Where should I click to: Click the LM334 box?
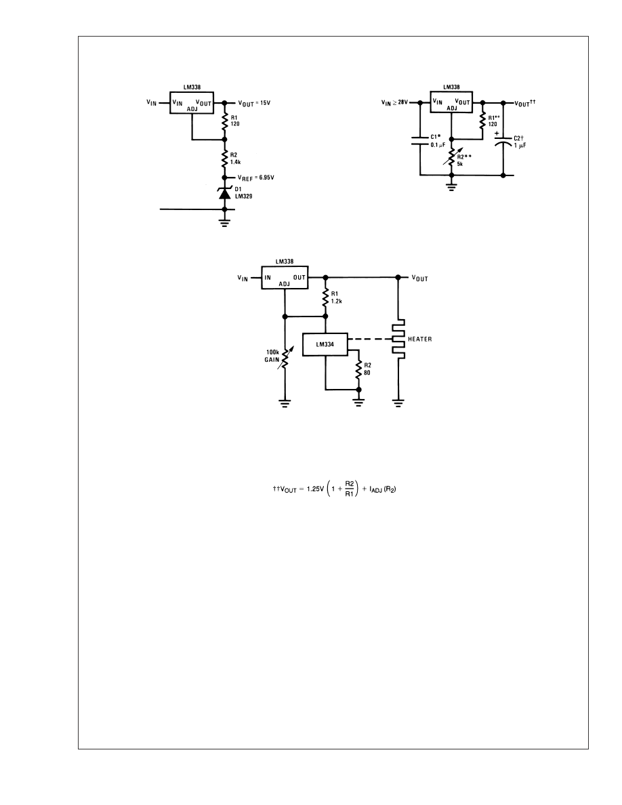pos(325,344)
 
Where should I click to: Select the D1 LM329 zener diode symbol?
pos(226,194)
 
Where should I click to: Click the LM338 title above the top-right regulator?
pos(453,87)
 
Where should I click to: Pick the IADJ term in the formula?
pos(365,491)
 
